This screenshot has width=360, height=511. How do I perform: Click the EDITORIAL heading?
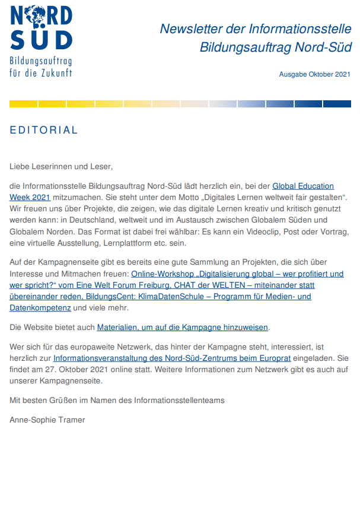tap(44, 130)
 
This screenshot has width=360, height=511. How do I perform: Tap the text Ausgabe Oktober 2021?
tap(315, 74)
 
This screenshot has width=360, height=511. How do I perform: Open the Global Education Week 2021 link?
tap(303, 186)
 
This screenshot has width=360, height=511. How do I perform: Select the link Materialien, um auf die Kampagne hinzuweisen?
tap(183, 327)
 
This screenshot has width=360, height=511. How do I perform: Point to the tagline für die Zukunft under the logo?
tap(41, 73)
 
